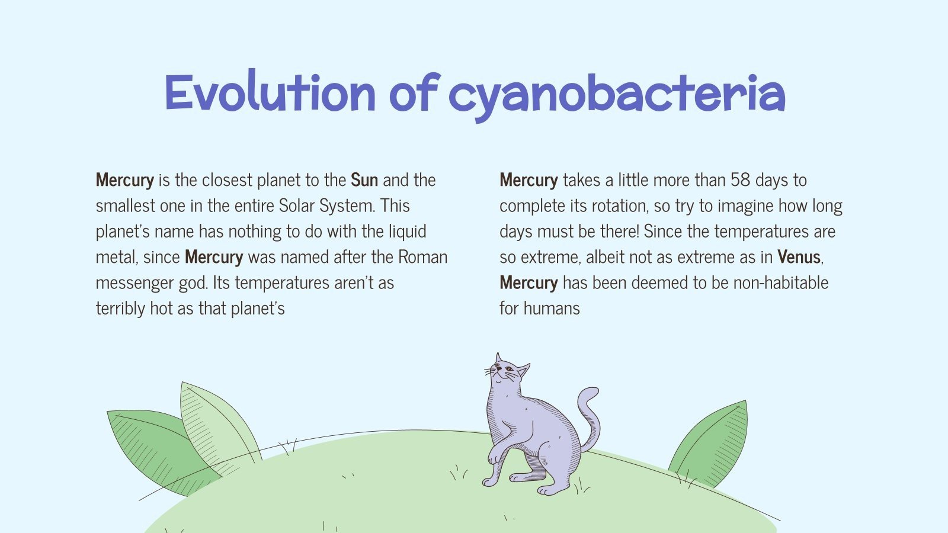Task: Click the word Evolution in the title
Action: click(x=270, y=94)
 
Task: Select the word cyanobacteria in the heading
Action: click(x=616, y=95)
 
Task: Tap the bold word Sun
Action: click(x=364, y=180)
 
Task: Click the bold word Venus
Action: click(x=799, y=257)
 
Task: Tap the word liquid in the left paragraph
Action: click(x=407, y=232)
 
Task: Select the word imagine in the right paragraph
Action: click(x=745, y=206)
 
